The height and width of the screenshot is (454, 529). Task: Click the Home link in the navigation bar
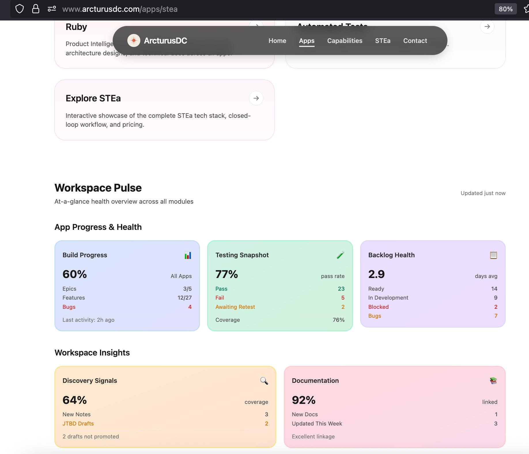click(277, 41)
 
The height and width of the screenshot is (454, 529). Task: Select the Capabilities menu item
click(345, 41)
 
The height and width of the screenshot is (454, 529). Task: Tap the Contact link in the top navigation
click(415, 41)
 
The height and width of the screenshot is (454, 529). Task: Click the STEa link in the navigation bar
click(383, 41)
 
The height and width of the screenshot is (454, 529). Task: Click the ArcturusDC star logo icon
click(134, 41)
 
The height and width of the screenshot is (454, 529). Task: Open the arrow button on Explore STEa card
click(256, 98)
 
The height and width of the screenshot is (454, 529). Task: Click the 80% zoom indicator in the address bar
click(505, 9)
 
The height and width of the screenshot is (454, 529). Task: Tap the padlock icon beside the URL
click(36, 9)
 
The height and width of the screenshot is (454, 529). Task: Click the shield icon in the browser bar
click(20, 9)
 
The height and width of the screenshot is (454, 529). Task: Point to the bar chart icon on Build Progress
click(188, 255)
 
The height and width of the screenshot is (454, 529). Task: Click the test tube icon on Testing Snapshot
click(341, 255)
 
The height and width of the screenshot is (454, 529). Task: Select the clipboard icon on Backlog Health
click(493, 255)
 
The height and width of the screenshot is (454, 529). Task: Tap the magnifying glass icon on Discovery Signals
click(264, 381)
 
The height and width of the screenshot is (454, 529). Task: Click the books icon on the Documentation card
click(493, 381)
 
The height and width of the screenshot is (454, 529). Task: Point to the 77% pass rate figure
click(227, 274)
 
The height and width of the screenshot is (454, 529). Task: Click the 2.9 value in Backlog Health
click(376, 274)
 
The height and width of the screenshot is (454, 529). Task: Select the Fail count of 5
click(343, 298)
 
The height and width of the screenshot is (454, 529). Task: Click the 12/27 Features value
click(184, 298)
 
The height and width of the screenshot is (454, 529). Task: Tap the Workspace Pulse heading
click(98, 188)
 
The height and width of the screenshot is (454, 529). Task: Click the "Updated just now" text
click(483, 193)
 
